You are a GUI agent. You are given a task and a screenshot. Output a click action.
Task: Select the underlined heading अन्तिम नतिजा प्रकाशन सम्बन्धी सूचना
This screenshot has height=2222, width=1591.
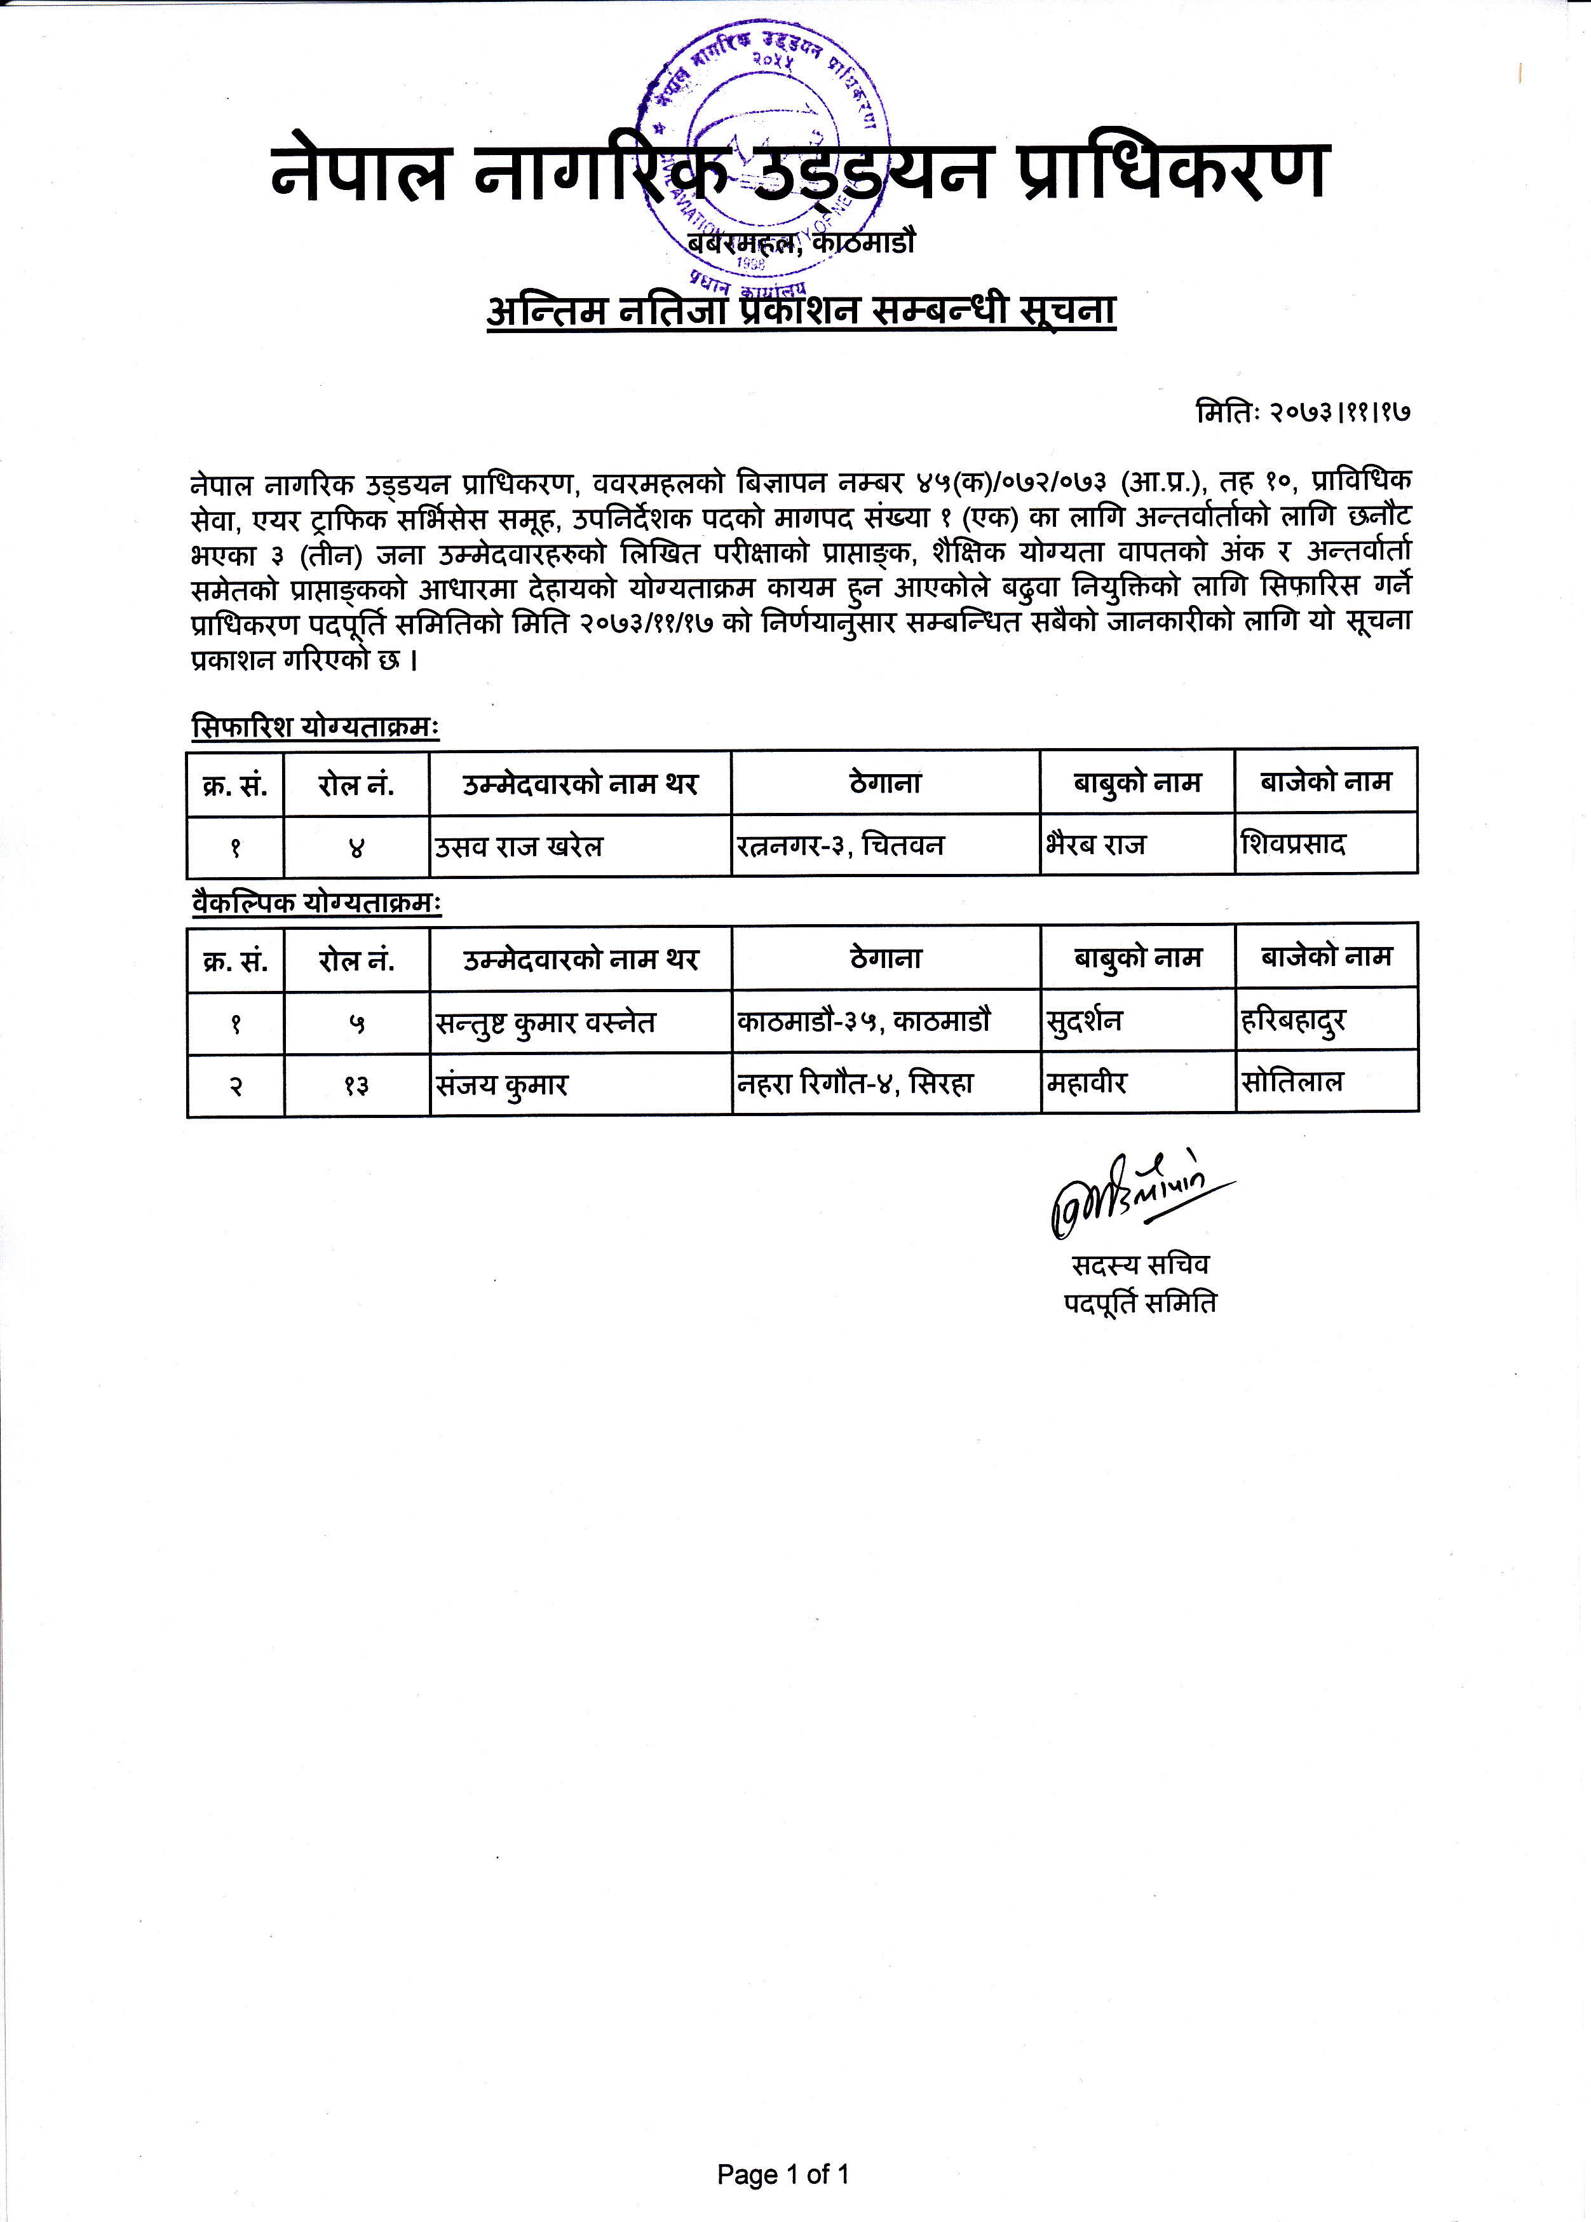[801, 311]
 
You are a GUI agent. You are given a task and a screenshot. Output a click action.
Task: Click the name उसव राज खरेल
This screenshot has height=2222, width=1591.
[519, 845]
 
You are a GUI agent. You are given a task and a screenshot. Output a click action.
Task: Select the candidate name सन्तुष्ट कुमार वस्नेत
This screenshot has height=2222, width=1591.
[546, 1022]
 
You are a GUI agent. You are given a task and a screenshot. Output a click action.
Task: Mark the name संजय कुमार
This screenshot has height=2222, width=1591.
[501, 1084]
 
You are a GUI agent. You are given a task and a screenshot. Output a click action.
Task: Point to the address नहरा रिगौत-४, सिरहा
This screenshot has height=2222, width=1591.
[855, 1084]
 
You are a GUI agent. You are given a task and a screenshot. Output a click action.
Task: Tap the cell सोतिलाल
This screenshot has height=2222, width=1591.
[1291, 1082]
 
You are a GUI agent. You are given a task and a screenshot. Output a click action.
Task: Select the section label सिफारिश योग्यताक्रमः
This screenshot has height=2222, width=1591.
[315, 728]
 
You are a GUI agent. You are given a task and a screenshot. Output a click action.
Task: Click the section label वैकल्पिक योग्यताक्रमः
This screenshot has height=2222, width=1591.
[316, 903]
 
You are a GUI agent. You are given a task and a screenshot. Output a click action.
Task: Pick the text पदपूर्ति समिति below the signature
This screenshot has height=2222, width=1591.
[1141, 1303]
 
